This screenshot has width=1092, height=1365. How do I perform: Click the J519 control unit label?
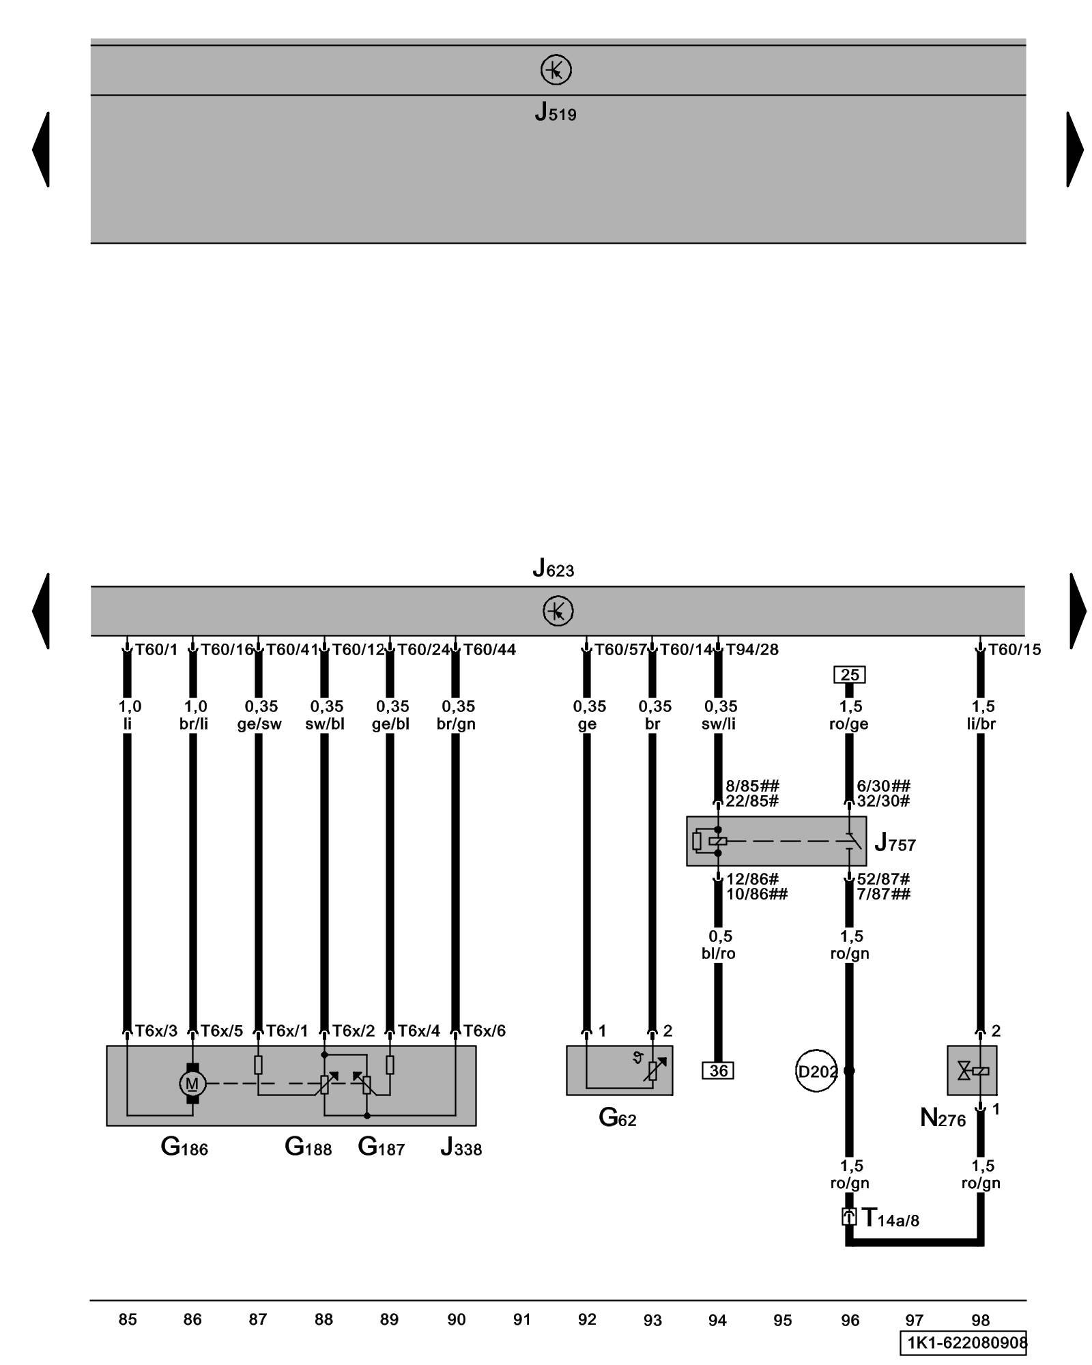(x=555, y=112)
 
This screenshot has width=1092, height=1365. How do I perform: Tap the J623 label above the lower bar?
(x=553, y=568)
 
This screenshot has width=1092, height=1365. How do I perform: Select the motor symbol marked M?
(x=192, y=1083)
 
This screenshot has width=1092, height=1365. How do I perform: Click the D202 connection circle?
(x=816, y=1071)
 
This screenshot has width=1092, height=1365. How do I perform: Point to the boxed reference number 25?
(x=850, y=675)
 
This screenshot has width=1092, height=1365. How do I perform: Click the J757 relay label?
(x=895, y=844)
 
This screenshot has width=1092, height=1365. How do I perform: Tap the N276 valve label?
(x=943, y=1118)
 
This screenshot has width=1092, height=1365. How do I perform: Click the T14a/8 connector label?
(x=891, y=1217)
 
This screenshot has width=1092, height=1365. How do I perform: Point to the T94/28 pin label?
(x=751, y=650)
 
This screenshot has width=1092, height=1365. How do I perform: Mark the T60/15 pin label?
(x=1014, y=650)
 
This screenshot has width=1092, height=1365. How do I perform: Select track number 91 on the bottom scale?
(x=521, y=1319)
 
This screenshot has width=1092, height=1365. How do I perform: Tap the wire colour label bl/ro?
(x=718, y=953)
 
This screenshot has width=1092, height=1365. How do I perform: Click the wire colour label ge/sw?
(x=259, y=724)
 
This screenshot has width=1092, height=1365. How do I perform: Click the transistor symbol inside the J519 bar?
(x=556, y=70)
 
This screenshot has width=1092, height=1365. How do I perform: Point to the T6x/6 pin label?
(x=485, y=1031)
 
